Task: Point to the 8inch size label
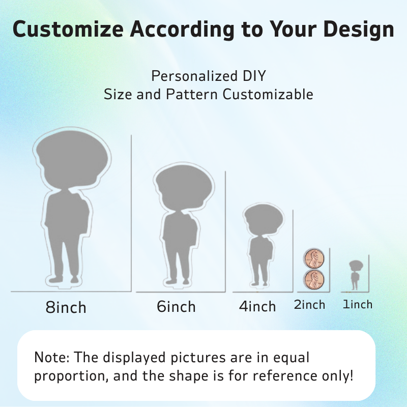pyautogui.click(x=66, y=307)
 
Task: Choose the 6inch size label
pyautogui.click(x=176, y=306)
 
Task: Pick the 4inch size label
pyautogui.click(x=257, y=306)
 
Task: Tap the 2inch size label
pyautogui.click(x=309, y=305)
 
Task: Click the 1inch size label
pyautogui.click(x=358, y=304)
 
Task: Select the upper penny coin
pyautogui.click(x=314, y=259)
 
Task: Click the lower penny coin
pyautogui.click(x=314, y=280)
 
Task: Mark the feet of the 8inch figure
pyautogui.click(x=64, y=279)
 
